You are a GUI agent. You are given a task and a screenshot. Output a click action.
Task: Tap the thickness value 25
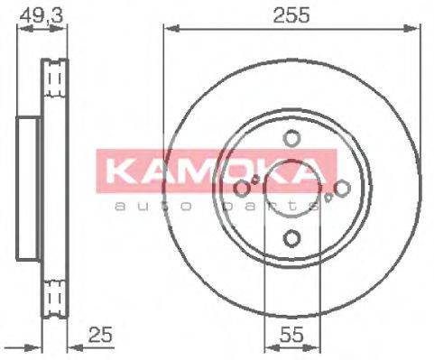pyautogui.click(x=100, y=337)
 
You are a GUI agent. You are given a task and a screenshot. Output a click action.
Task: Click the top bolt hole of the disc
pyautogui.click(x=291, y=138)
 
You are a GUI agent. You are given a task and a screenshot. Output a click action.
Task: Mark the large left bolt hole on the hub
pyautogui.click(x=242, y=189)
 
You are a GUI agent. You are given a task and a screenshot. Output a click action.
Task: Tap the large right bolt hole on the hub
pyautogui.click(x=342, y=189)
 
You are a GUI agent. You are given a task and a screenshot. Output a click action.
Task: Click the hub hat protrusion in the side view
pyautogui.click(x=30, y=188)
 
